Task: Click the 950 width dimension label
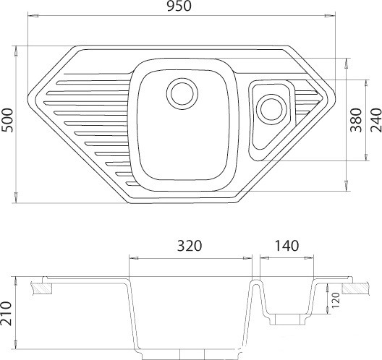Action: pyautogui.click(x=179, y=7)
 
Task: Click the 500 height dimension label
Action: pyautogui.click(x=7, y=120)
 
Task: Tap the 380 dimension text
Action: pyautogui.click(x=356, y=120)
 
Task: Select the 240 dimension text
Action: pyautogui.click(x=376, y=120)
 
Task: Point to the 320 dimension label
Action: pyautogui.click(x=190, y=246)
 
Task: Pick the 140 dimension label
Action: pyautogui.click(x=286, y=246)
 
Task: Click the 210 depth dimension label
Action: pyautogui.click(x=6, y=313)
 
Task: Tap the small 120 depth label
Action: pyautogui.click(x=336, y=300)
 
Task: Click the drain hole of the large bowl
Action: pyautogui.click(x=182, y=94)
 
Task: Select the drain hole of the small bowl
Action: pyautogui.click(x=271, y=109)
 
